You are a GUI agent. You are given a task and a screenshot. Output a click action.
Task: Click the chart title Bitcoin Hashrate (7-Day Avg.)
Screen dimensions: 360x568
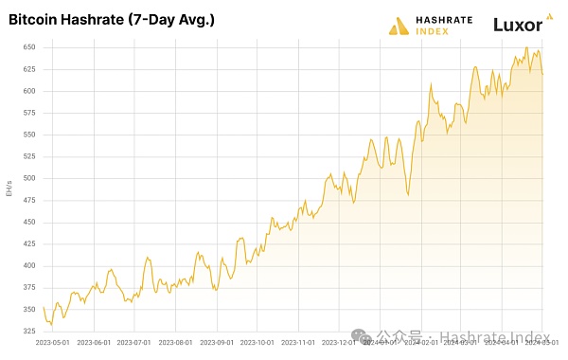click(111, 19)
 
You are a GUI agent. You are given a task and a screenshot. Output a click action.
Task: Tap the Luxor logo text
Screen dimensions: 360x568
click(518, 25)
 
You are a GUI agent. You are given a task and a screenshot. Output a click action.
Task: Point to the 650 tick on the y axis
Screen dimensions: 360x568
click(28, 47)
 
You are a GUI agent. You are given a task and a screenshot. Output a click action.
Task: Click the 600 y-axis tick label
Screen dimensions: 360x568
click(28, 91)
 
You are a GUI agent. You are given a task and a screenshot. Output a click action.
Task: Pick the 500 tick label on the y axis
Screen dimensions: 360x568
click(28, 178)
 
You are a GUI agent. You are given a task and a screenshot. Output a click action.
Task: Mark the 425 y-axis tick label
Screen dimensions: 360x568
click(28, 243)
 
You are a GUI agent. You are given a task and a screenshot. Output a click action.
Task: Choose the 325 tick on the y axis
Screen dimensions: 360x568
click(28, 331)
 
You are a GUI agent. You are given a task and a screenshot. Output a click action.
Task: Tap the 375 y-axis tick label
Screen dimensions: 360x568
click(28, 287)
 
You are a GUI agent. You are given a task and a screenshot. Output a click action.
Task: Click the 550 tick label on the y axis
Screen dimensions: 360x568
click(28, 135)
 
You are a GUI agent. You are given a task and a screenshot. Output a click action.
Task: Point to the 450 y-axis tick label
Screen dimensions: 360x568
click(28, 222)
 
